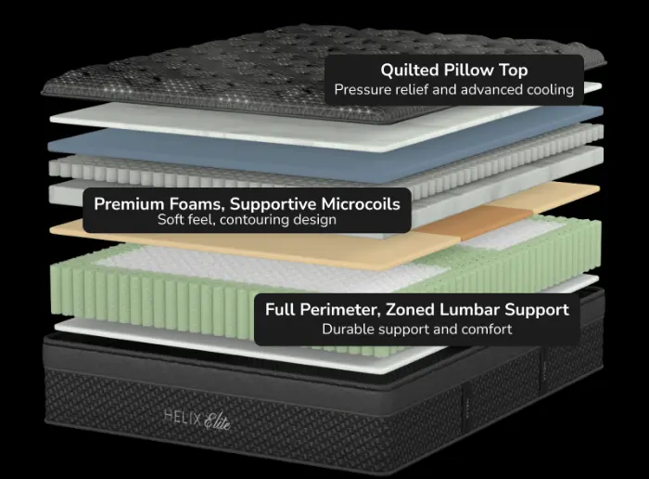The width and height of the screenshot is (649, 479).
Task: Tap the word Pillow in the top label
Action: (x=469, y=70)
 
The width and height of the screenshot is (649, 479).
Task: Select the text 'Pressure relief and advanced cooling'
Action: (x=453, y=90)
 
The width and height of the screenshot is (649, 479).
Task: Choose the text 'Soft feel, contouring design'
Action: (x=247, y=221)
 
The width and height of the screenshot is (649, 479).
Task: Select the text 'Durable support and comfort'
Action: (x=416, y=329)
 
